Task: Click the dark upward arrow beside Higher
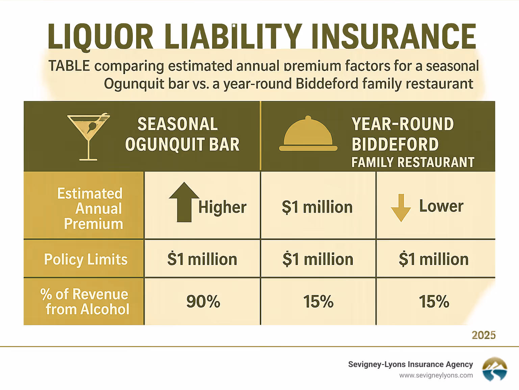[x=184, y=202]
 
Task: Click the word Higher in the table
[x=222, y=207]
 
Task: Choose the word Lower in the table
[x=441, y=206]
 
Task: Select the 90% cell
[x=203, y=301]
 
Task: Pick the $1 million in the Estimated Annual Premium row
[x=317, y=207]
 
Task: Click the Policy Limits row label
[x=86, y=260]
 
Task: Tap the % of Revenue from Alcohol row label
[x=85, y=301]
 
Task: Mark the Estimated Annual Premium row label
[x=91, y=209]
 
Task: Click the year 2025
[x=484, y=335]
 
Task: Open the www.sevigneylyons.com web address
[x=436, y=375]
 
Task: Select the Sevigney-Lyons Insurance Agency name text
[x=410, y=364]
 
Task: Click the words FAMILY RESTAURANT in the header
[x=413, y=162]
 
